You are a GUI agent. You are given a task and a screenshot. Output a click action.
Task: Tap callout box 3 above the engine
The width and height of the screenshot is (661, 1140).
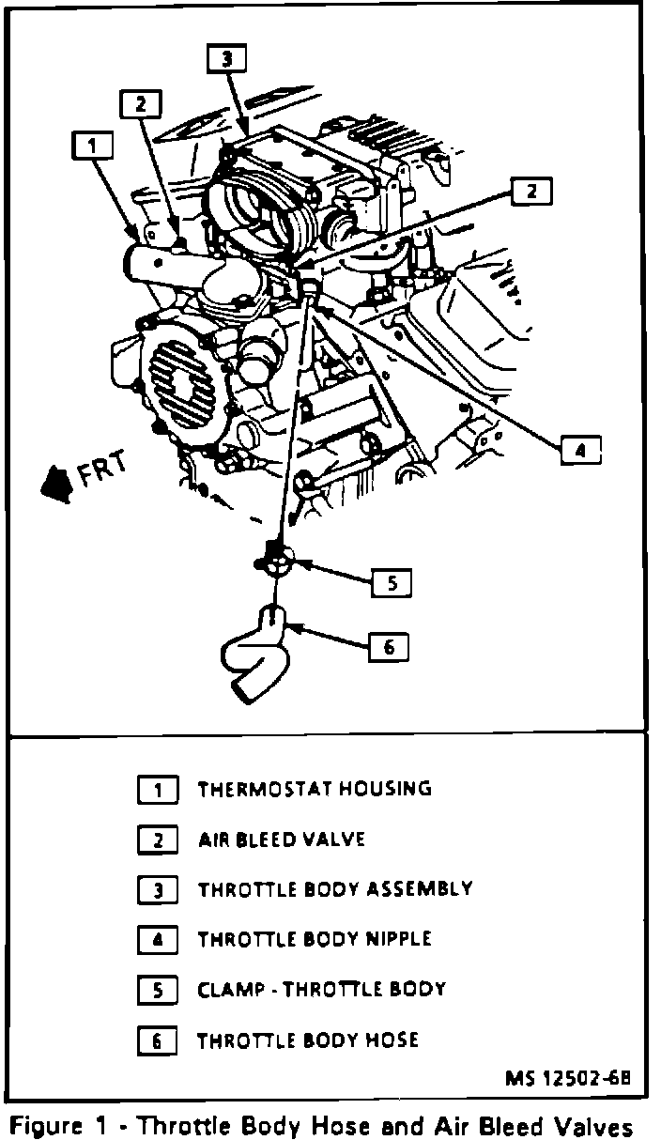pos(225,59)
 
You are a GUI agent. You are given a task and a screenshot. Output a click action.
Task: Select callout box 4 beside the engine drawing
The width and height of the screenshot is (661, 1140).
pos(580,450)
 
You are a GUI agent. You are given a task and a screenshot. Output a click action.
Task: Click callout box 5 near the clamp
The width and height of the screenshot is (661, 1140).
pos(392,583)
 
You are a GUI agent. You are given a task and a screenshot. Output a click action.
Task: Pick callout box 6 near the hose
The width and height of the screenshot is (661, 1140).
pos(389,646)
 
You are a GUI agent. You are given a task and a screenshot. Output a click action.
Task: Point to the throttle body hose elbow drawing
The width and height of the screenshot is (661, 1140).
pos(255,656)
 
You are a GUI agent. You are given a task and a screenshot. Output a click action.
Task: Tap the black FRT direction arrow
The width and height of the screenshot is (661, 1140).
pos(56,483)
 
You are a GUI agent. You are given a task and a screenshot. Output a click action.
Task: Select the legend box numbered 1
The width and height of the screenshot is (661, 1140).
pos(158,790)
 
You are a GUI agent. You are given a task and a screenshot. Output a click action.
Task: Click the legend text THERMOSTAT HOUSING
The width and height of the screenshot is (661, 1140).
pos(314,789)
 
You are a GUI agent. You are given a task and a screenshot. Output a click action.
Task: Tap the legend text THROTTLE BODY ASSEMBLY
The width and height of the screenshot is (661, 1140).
pos(334,888)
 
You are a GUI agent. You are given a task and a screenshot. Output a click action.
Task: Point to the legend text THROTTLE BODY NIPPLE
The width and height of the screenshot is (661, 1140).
pos(314,938)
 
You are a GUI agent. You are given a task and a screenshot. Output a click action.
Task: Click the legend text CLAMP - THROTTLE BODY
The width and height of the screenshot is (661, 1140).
pos(321,989)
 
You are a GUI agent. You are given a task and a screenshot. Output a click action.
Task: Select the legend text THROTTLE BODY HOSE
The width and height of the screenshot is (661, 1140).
pos(307,1040)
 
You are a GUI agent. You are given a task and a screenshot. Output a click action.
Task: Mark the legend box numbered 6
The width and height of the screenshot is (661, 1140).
pos(158,1040)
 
